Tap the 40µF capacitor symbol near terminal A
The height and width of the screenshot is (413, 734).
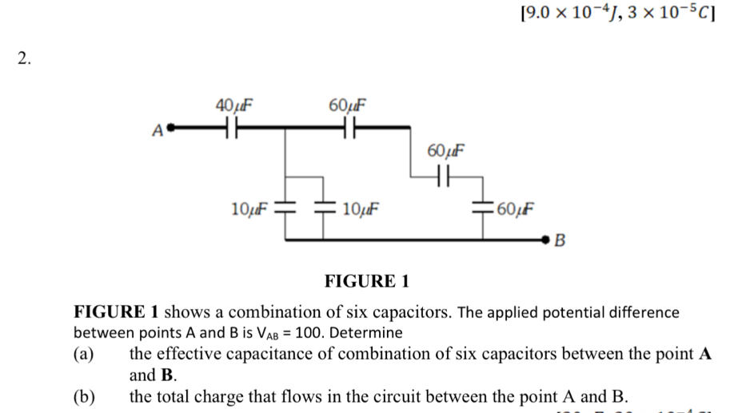tap(229, 126)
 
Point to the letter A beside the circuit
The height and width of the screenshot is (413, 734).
tap(157, 129)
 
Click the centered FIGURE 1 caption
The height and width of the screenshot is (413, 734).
tap(367, 281)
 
